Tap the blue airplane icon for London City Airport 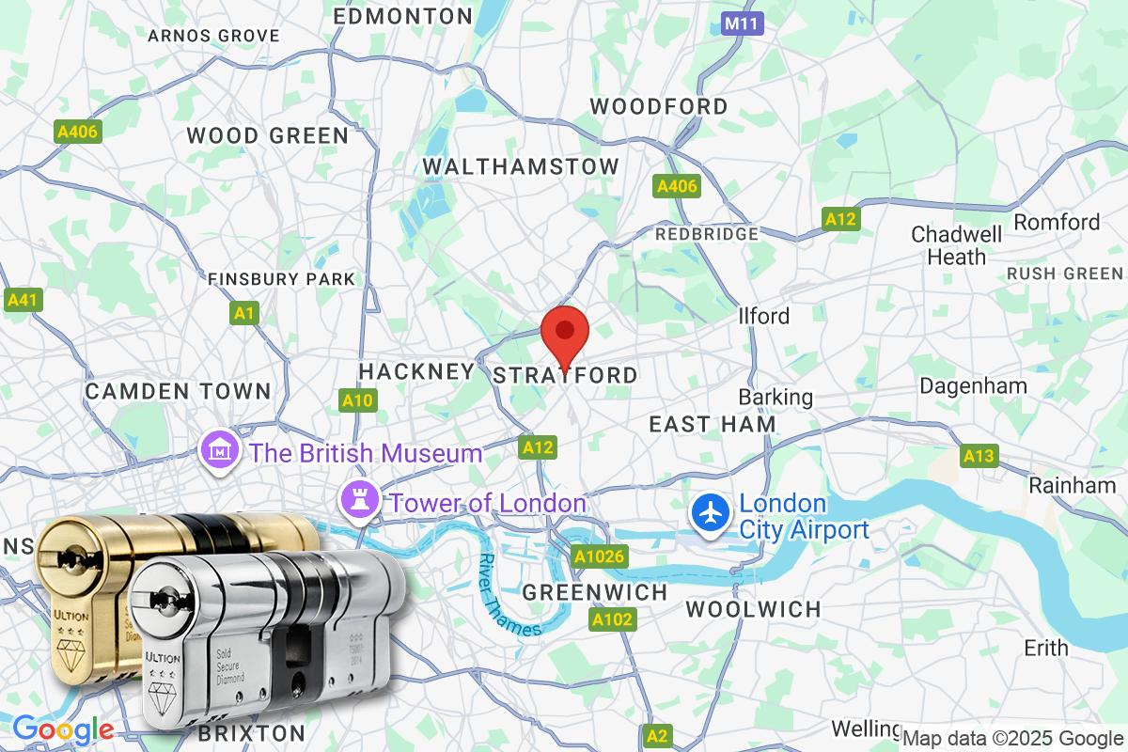pyautogui.click(x=712, y=513)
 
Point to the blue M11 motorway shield pyautogui.click(x=743, y=23)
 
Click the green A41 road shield pyautogui.click(x=23, y=300)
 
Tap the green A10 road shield pyautogui.click(x=357, y=400)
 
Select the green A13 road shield pyautogui.click(x=978, y=456)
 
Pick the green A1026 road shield pyautogui.click(x=599, y=556)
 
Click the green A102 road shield pyautogui.click(x=612, y=619)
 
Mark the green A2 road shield pyautogui.click(x=658, y=734)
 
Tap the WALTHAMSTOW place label pyautogui.click(x=521, y=166)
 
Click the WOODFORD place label pyautogui.click(x=658, y=106)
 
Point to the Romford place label pyautogui.click(x=1057, y=222)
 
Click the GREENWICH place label pyautogui.click(x=594, y=593)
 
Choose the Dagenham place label pyautogui.click(x=973, y=385)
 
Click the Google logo pyautogui.click(x=63, y=728)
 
